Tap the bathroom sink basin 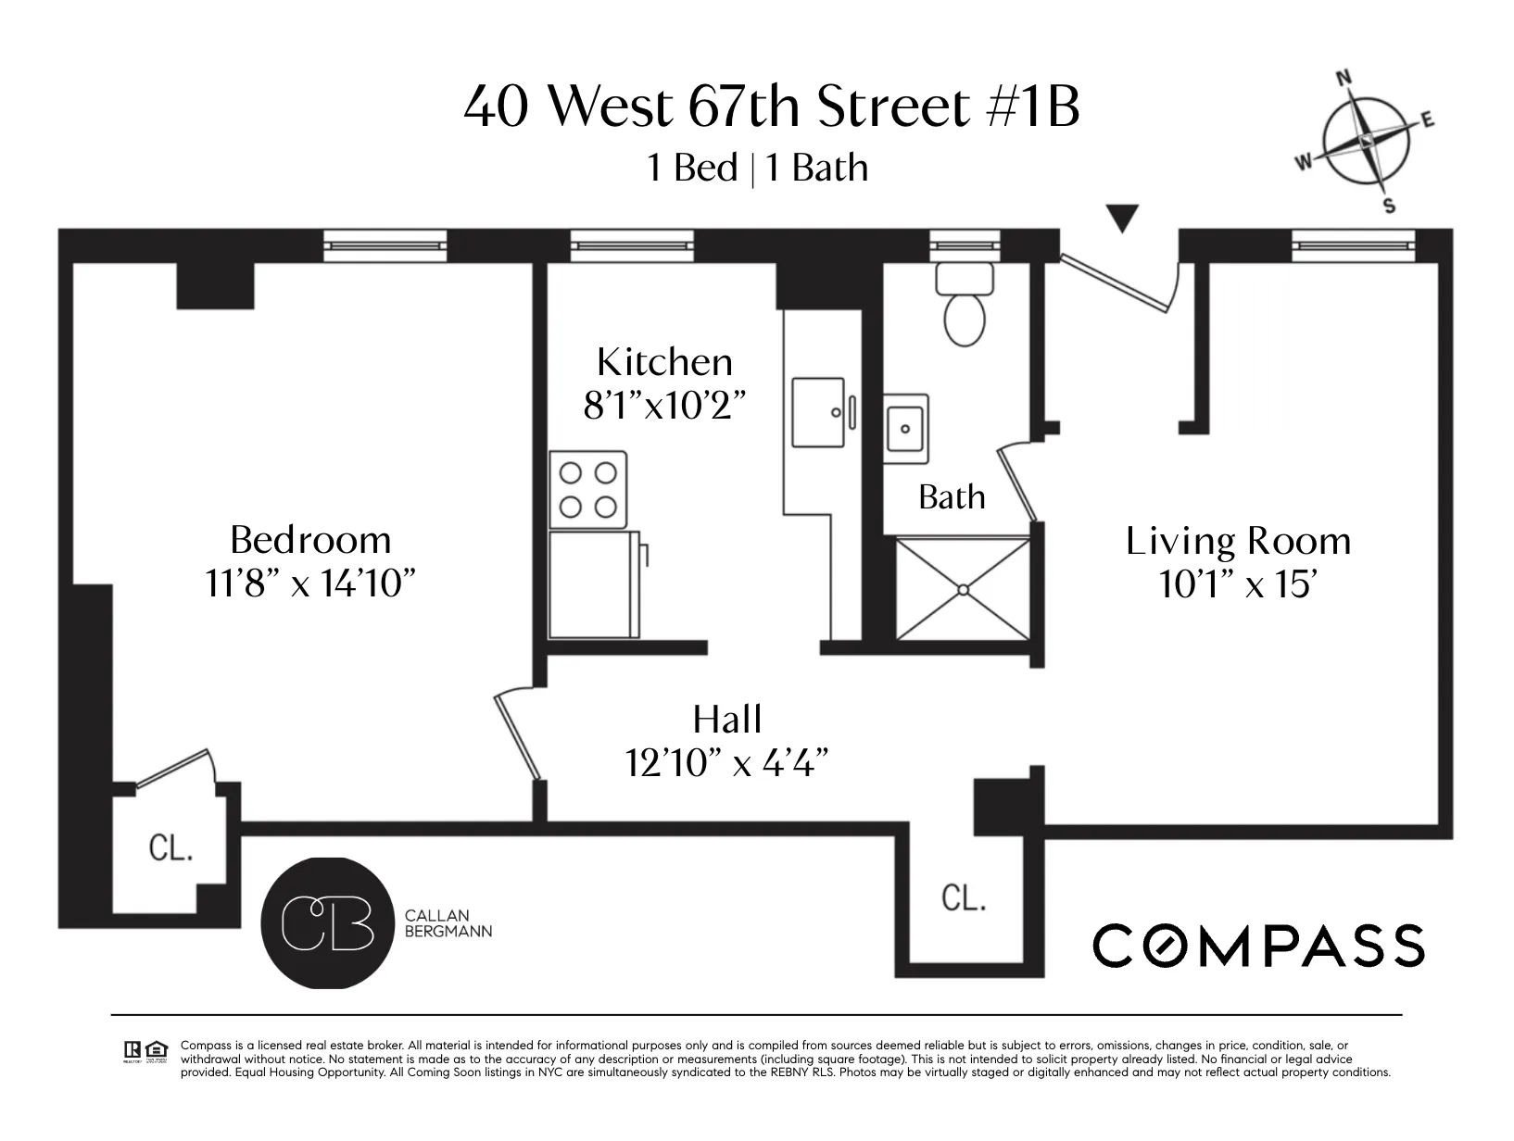[x=904, y=429]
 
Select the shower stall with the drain [x=963, y=589]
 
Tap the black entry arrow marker [x=1122, y=219]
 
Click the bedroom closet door [x=174, y=770]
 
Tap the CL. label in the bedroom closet [x=171, y=847]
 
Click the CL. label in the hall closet [x=964, y=897]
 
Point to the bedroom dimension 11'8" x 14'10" [x=309, y=583]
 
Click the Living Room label [x=1238, y=541]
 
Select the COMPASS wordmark [x=1258, y=946]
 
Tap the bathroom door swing [x=1017, y=482]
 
